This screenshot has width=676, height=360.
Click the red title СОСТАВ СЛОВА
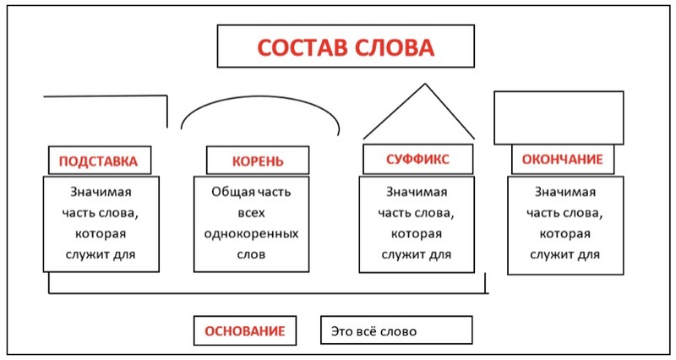point(346,47)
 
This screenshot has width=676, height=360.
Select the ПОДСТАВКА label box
point(100,161)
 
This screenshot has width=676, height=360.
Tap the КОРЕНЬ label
point(258,161)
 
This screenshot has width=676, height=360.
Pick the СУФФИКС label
point(417,159)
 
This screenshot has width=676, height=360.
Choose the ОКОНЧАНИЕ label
point(563,159)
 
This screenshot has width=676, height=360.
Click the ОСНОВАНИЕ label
point(245,330)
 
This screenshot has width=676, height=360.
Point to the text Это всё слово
point(373,331)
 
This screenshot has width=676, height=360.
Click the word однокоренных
point(251,234)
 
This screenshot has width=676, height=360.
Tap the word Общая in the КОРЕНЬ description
point(227,192)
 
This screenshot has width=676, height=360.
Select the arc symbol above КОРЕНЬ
point(260,96)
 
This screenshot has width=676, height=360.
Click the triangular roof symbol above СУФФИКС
point(425,85)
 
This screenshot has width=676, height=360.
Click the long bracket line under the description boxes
point(267,293)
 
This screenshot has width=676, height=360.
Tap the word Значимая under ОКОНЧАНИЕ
point(565,192)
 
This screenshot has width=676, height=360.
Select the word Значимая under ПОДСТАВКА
point(101,192)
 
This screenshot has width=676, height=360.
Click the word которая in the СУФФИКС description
point(417,234)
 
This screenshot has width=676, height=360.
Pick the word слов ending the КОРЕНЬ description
point(251,254)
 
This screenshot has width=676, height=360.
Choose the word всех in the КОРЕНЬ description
point(251,213)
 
